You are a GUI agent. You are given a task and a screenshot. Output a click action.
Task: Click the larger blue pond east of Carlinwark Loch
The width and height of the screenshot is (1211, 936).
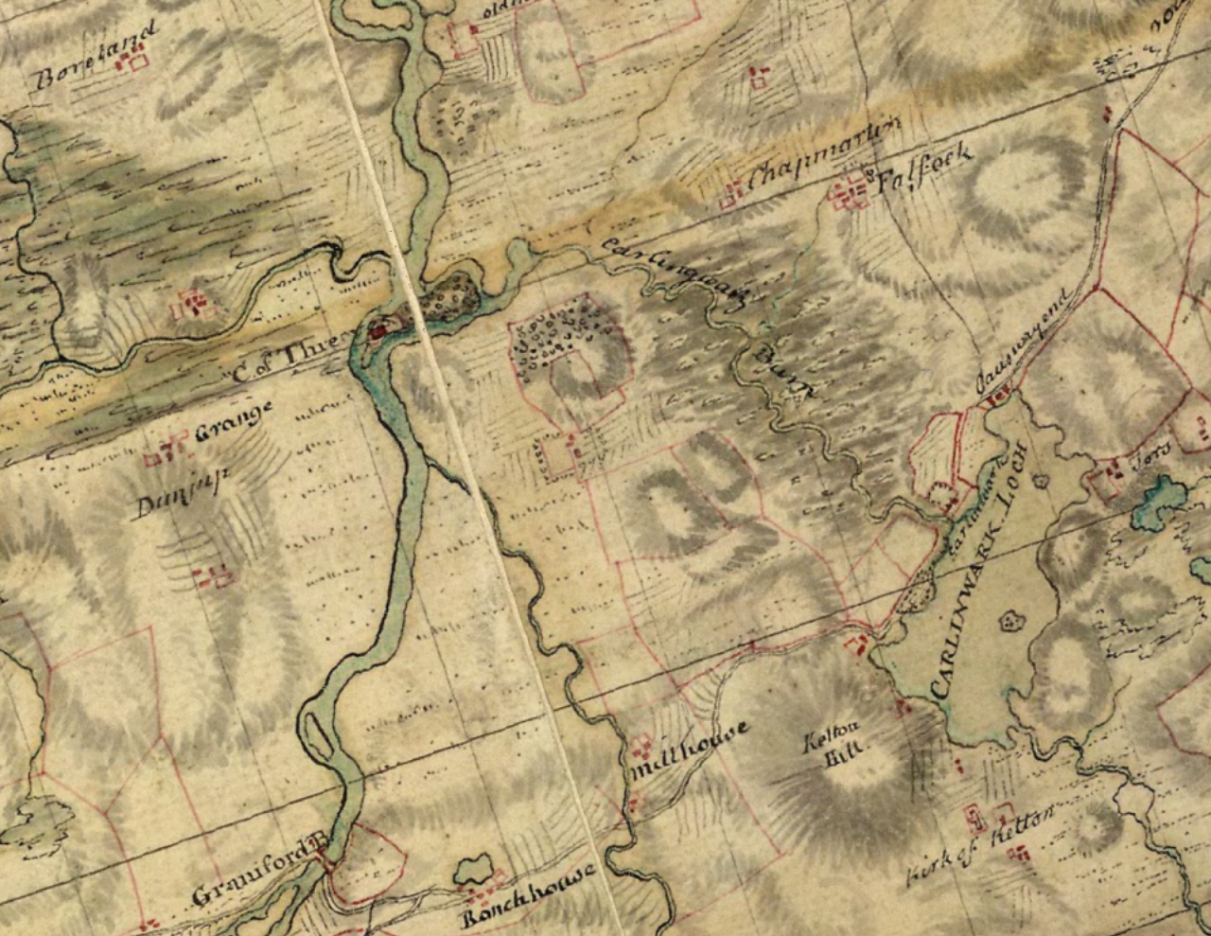point(1159,502)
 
